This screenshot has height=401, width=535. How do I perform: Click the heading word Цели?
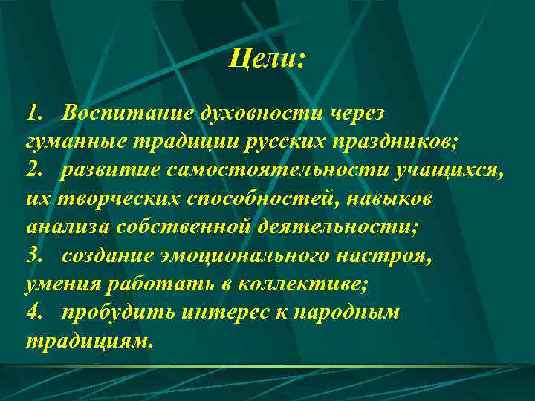[267, 58]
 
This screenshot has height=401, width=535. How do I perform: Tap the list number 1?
[33, 113]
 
